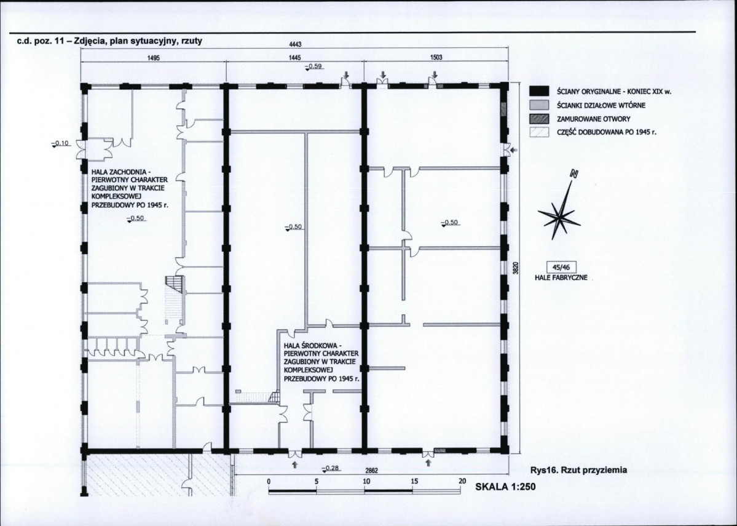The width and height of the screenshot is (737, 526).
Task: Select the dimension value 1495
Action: pos(154,58)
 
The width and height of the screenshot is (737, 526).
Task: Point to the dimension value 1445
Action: pos(294,58)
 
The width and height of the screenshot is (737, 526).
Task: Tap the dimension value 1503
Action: pos(436,58)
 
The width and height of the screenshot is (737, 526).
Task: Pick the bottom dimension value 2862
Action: pos(372,470)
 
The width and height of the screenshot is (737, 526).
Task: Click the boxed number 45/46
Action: pos(561,267)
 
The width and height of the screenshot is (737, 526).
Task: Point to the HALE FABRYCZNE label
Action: pos(561,277)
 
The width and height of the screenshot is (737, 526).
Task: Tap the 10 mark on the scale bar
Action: pos(366,481)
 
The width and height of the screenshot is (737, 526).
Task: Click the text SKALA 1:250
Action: pos(505,487)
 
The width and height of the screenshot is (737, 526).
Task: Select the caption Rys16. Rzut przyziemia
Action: pos(578,469)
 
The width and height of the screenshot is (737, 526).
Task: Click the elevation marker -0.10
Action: pos(61,143)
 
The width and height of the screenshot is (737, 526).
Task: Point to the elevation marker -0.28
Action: pos(331,469)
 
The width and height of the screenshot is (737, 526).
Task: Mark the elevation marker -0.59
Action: pos(313,66)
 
